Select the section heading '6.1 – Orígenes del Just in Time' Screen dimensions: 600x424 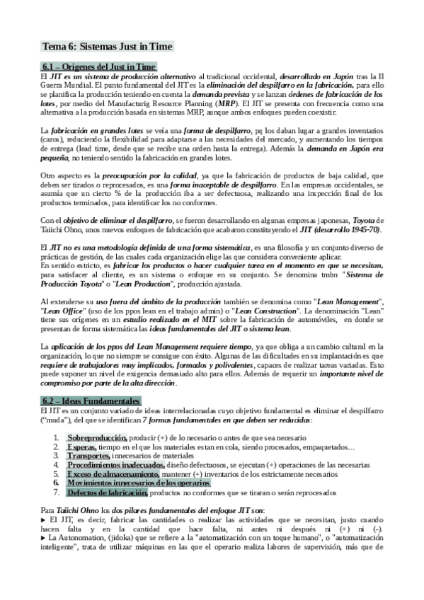click(98, 67)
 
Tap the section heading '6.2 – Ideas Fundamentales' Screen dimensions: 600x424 click(91, 400)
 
